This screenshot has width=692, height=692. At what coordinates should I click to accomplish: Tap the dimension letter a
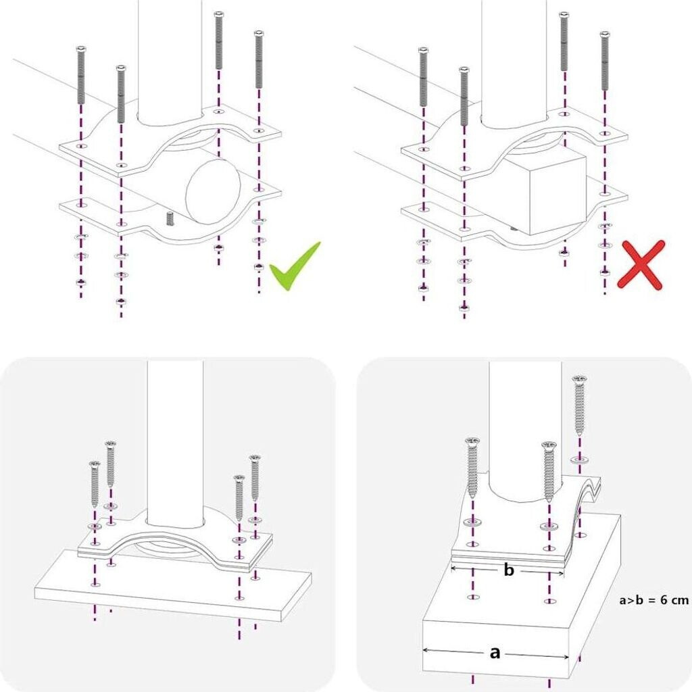[x=495, y=653]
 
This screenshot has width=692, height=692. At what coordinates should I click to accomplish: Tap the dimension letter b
[x=509, y=571]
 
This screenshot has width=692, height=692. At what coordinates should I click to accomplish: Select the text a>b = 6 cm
[x=653, y=599]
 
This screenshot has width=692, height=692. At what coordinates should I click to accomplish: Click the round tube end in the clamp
[x=213, y=193]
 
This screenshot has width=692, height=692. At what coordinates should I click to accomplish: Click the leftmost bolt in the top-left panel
[x=81, y=74]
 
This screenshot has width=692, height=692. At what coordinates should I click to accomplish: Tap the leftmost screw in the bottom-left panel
[x=95, y=483]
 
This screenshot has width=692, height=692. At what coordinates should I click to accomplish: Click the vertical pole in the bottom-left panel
[x=175, y=439]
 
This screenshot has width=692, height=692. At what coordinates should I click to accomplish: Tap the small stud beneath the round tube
[x=170, y=218]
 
